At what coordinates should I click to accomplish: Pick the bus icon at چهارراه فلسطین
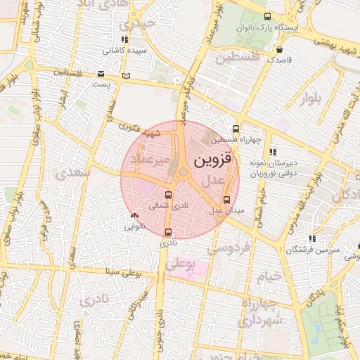(x=236, y=129)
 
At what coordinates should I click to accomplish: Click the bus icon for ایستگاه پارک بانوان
(x=266, y=16)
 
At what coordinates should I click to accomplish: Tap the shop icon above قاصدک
(x=281, y=50)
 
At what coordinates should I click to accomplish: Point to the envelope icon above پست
(x=101, y=74)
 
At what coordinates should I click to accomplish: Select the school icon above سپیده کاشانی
(x=124, y=39)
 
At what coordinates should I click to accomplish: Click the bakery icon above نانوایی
(x=134, y=216)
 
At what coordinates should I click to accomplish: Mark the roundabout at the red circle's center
(x=183, y=172)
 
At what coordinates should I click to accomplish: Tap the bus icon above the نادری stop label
(x=167, y=231)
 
